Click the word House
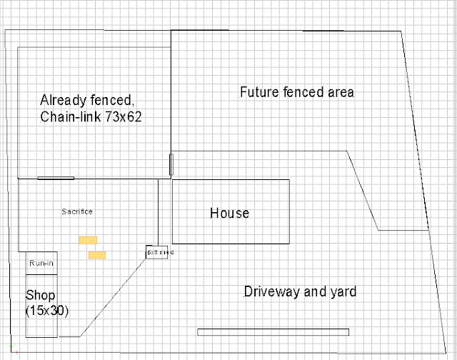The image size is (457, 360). tap(229, 213)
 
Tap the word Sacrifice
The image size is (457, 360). tap(77, 211)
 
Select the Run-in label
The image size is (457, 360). tap(41, 264)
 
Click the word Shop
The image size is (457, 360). tap(41, 295)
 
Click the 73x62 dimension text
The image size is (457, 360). tap(121, 116)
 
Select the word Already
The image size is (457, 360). tap(66, 99)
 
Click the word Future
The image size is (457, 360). tap(259, 92)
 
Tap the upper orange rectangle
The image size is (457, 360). tap(88, 240)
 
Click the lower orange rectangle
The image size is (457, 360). tap(97, 254)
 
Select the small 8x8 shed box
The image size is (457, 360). tap(157, 252)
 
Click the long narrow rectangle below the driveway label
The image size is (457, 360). tap(273, 331)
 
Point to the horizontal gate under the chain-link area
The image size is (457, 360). tap(56, 178)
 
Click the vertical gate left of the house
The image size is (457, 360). tap(171, 164)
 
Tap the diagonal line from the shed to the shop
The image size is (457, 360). tap(114, 296)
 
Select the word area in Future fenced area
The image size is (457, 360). tap(342, 92)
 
